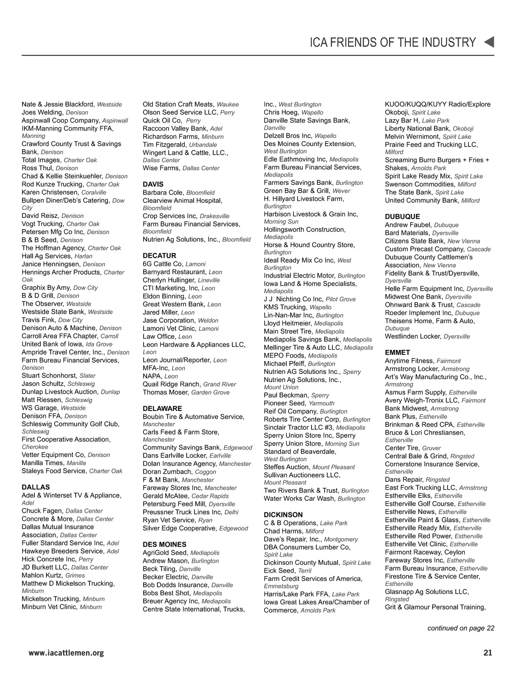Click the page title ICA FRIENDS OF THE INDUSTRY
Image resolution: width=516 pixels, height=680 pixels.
tap(393, 43)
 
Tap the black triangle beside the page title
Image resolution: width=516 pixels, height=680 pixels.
tap(489, 42)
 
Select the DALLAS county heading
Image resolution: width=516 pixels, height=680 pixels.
tap(36, 487)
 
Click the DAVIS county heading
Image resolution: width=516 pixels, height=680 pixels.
tap(153, 184)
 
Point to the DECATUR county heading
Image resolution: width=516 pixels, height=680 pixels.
tap(160, 255)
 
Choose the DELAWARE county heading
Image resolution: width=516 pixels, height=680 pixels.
tap(162, 408)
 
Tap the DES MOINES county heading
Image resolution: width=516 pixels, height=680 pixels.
tap(164, 544)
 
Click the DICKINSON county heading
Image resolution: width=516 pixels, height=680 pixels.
tap(283, 515)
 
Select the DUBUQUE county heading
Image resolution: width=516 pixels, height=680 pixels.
tap(402, 217)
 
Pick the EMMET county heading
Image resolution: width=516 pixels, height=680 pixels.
tap(397, 352)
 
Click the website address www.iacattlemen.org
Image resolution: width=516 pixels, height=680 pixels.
tap(66, 653)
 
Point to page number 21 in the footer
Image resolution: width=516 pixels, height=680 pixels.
tap(488, 652)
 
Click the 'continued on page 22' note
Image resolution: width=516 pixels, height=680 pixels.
tap(461, 628)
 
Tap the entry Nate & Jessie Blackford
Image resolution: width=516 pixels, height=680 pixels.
tap(58, 104)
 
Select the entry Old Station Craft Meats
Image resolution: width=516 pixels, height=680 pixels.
tap(178, 104)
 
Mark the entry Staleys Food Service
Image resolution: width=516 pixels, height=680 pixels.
tap(54, 471)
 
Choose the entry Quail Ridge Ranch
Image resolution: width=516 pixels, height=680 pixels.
tap(171, 384)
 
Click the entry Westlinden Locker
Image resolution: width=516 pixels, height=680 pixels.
tap(413, 337)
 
